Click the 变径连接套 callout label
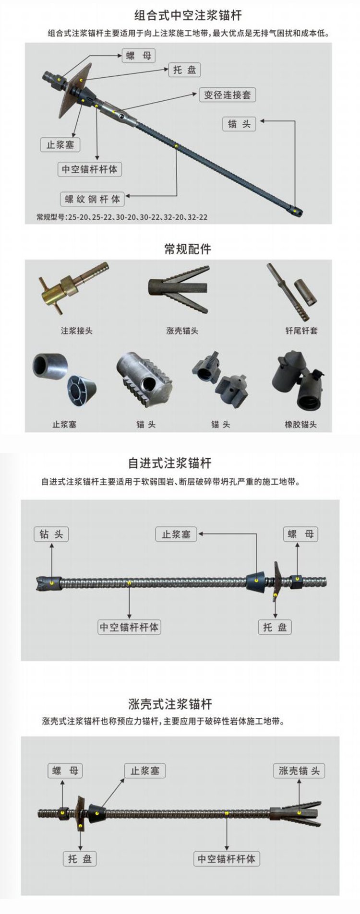coord(228,95)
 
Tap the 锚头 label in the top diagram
coord(240,124)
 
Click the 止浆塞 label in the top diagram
coord(60,144)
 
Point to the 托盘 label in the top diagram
coord(184,70)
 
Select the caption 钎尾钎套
coord(301,331)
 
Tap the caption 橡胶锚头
coord(300,425)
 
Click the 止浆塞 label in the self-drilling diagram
coord(176,534)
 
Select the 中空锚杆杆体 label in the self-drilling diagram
coord(129,627)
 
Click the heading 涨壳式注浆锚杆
coord(170,704)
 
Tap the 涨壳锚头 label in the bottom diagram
coord(300,771)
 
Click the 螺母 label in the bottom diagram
coord(65,771)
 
